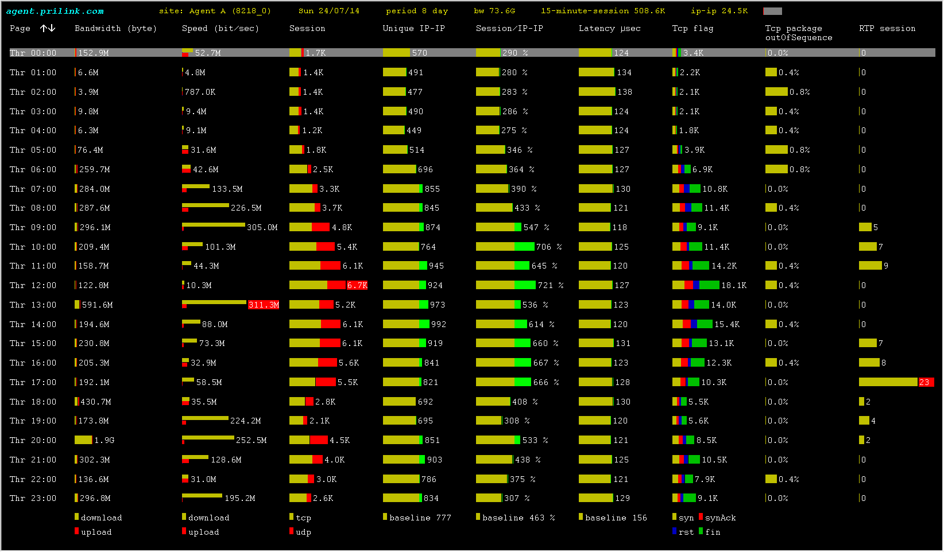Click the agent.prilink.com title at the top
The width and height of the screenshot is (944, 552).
(x=55, y=11)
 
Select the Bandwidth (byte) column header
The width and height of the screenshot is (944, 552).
(x=115, y=28)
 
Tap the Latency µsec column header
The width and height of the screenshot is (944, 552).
(x=609, y=28)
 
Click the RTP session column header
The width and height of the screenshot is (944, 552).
(x=887, y=28)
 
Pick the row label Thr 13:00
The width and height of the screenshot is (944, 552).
(x=33, y=305)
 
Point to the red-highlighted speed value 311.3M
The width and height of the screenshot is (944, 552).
(x=264, y=305)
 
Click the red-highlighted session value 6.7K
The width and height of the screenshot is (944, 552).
(x=357, y=285)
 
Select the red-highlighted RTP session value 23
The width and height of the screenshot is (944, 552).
(x=924, y=382)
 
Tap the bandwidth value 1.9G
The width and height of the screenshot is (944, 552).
(x=104, y=440)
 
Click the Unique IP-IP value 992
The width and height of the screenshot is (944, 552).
(x=438, y=324)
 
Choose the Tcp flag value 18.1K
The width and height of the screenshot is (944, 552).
(x=733, y=285)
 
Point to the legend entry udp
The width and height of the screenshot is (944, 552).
(x=303, y=532)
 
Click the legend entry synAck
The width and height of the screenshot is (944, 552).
(x=720, y=518)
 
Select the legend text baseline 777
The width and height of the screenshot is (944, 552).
(x=420, y=518)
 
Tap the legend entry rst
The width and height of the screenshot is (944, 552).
(x=686, y=532)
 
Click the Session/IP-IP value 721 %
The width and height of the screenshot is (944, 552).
(x=550, y=285)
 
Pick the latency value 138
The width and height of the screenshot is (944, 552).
(x=624, y=92)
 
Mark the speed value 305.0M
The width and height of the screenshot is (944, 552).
(x=262, y=227)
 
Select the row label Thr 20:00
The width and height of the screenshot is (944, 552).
(x=33, y=440)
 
